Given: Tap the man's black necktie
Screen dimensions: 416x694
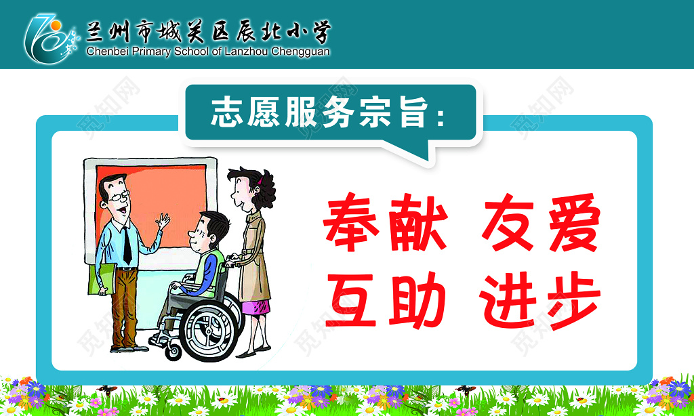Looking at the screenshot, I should click(127, 245).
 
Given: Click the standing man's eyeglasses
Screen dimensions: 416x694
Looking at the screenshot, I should click(119, 197).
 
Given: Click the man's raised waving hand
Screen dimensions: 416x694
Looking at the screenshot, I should click(163, 221).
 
